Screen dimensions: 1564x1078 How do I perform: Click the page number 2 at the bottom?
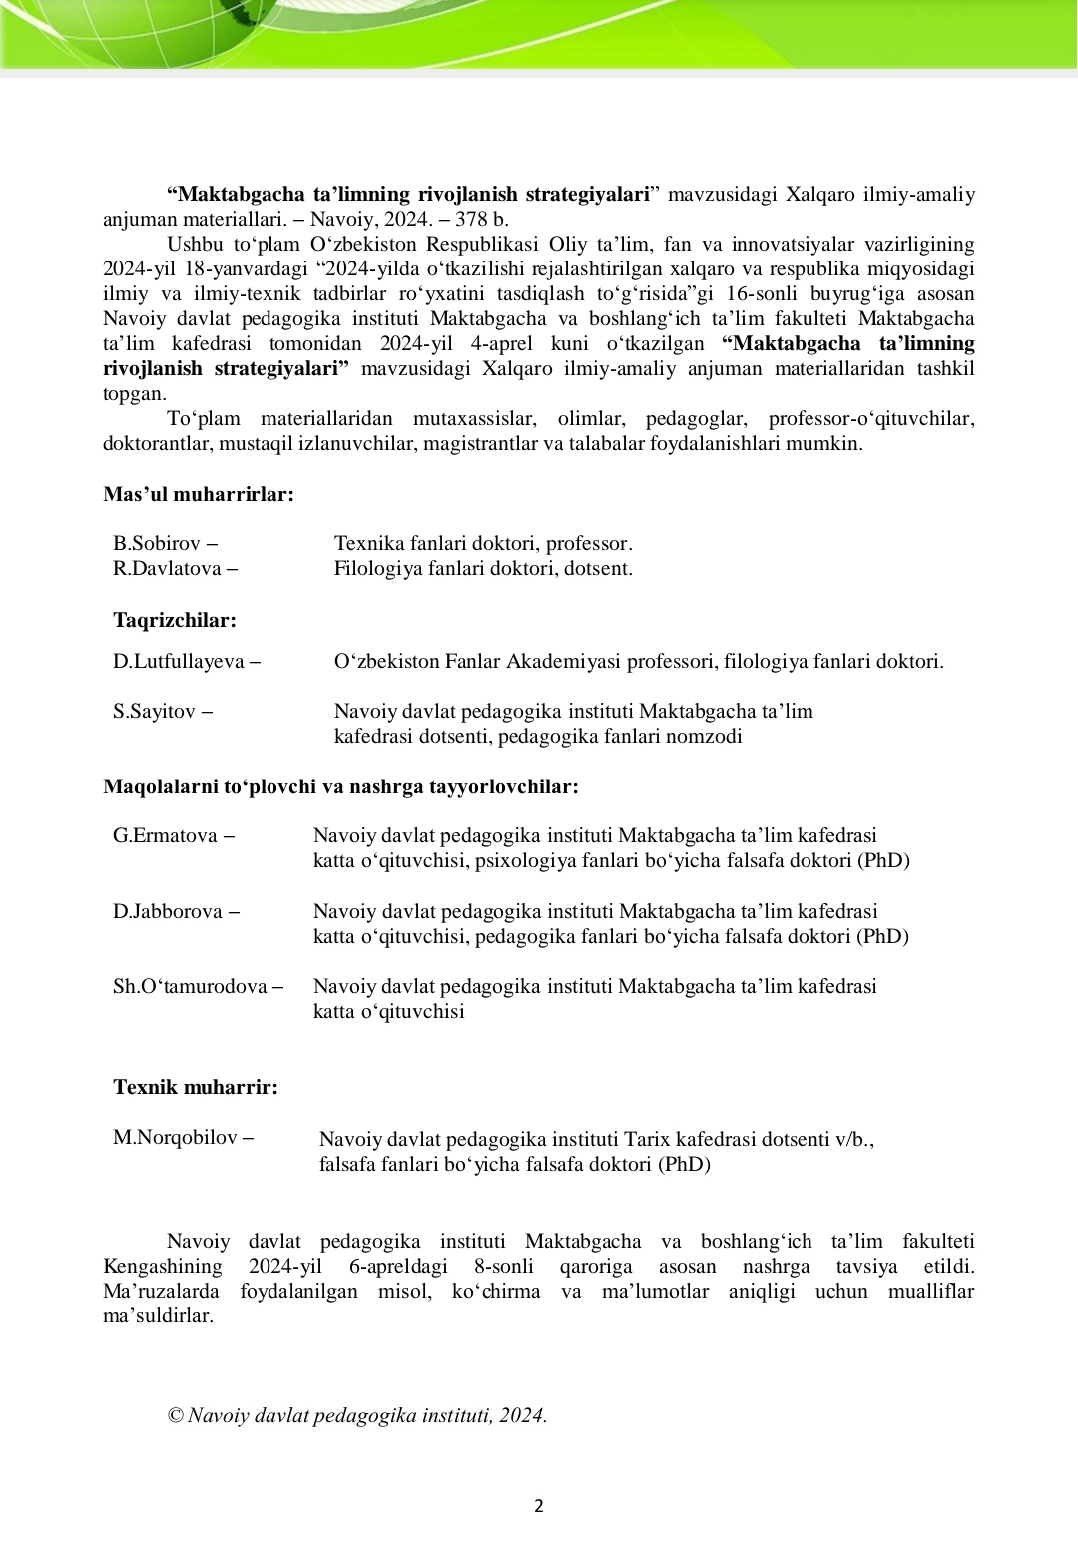click(539, 1506)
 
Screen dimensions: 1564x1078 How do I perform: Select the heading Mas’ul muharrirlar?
click(199, 494)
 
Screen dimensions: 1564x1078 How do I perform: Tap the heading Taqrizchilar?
click(175, 620)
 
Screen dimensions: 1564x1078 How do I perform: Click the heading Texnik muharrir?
click(196, 1087)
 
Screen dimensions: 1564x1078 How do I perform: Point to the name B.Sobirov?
click(157, 544)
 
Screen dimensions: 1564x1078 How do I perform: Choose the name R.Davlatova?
click(167, 569)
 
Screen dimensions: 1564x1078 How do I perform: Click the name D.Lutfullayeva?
click(179, 661)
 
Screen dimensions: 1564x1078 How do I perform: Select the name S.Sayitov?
click(154, 712)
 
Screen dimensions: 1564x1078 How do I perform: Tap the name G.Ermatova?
click(165, 836)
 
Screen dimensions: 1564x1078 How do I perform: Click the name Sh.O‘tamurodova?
click(190, 987)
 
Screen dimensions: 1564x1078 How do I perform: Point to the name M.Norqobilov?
click(174, 1137)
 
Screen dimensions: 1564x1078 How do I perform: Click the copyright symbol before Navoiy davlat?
click(176, 1415)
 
